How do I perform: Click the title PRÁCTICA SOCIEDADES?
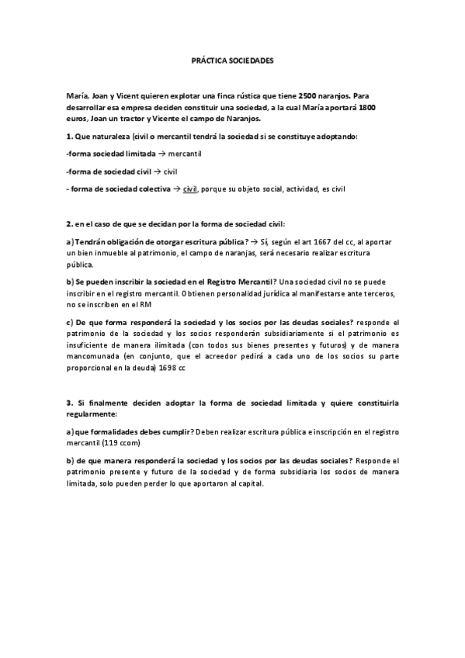pos(233,60)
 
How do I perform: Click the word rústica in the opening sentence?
pos(251,94)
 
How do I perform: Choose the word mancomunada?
pos(90,358)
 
